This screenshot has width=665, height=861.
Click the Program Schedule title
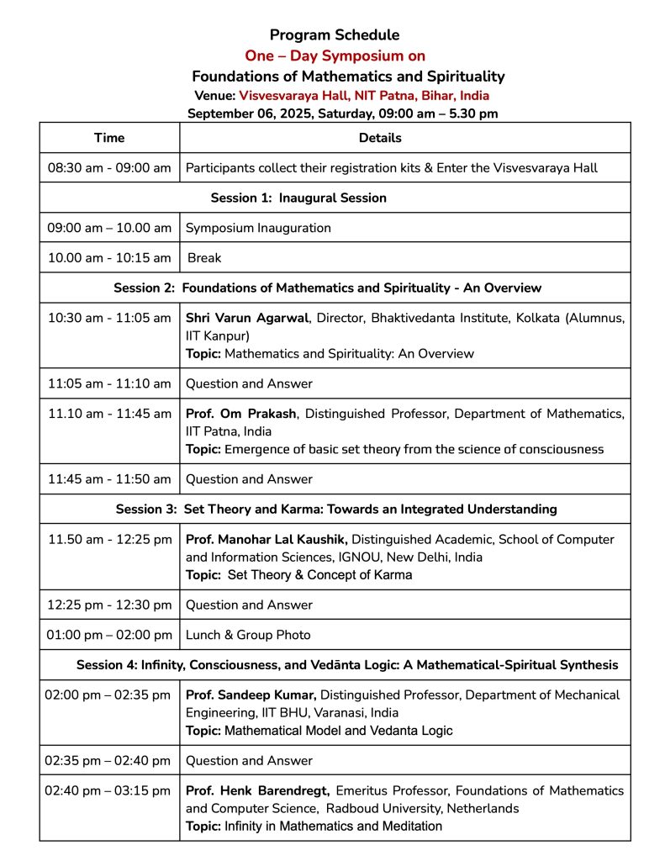[x=335, y=35]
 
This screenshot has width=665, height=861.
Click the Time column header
[x=109, y=138]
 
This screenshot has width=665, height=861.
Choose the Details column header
[x=380, y=138]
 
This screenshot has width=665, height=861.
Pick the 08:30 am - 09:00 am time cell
[x=109, y=168]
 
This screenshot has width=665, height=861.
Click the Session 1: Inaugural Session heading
[x=298, y=198]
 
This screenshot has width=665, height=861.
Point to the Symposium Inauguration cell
[x=258, y=228]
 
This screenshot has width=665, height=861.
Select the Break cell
[x=204, y=258]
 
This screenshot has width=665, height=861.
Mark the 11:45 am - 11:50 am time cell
[x=109, y=479]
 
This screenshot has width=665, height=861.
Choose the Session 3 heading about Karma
[x=335, y=510]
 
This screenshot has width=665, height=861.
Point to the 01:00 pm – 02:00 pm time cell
[x=109, y=635]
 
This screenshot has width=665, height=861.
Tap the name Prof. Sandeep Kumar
[x=251, y=695]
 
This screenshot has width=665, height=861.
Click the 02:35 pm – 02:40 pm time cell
[x=109, y=761]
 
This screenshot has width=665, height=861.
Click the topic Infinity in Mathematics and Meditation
[x=333, y=827]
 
